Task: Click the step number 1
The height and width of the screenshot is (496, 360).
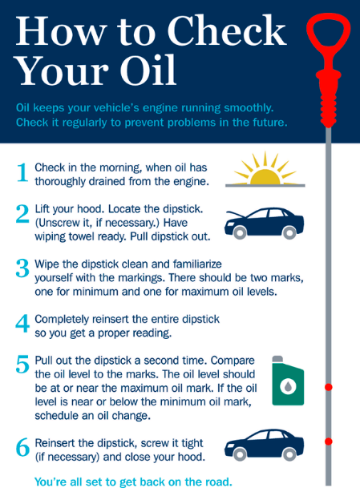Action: click(22, 172)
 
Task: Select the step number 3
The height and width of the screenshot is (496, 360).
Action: click(22, 268)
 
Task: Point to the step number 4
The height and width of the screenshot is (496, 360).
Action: click(22, 323)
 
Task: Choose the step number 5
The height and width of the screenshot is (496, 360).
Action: click(22, 365)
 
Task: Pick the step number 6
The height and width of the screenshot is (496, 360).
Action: click(22, 447)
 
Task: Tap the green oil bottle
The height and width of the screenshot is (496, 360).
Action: click(288, 381)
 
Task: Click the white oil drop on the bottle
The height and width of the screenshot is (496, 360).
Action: click(288, 386)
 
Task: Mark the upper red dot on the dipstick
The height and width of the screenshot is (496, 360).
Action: click(329, 387)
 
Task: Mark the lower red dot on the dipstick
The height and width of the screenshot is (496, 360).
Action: click(329, 442)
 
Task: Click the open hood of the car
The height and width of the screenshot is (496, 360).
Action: click(237, 215)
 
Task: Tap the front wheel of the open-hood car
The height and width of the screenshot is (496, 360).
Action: click(240, 233)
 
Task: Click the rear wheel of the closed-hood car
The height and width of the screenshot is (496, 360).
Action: click(289, 454)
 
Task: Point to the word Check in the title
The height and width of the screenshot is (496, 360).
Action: click(227, 30)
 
